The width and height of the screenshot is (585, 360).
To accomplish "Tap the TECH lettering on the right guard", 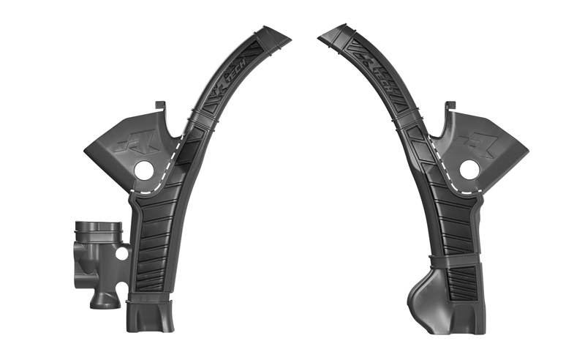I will click(x=382, y=80).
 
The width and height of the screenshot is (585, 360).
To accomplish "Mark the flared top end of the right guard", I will click(x=336, y=35).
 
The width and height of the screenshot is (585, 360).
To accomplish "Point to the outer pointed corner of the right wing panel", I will click(x=526, y=153).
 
